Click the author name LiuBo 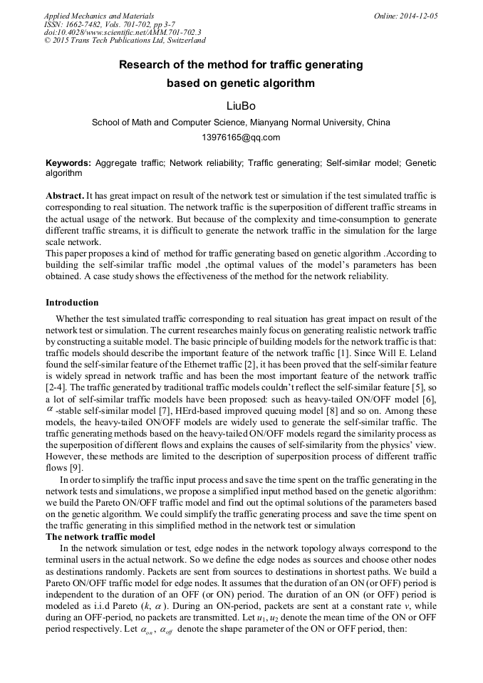tap(241, 106)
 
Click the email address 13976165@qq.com tap(241, 137)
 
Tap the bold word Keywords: tap(68, 163)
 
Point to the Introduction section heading tap(72, 303)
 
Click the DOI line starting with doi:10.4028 tap(123, 32)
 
